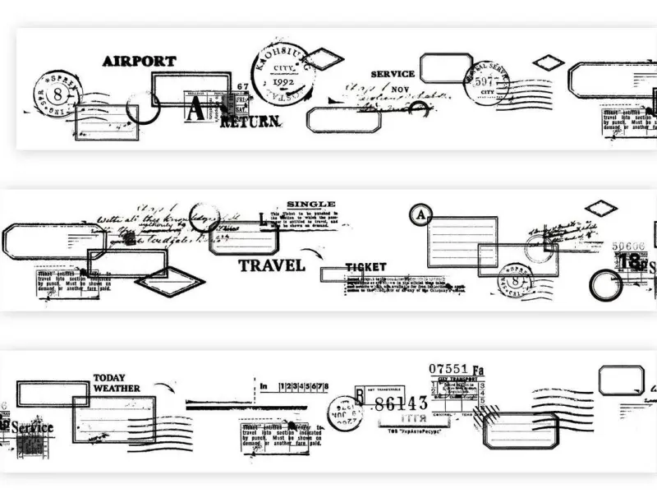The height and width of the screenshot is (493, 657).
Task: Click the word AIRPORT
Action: tap(139, 61)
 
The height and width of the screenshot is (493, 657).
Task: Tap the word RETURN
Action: tap(251, 122)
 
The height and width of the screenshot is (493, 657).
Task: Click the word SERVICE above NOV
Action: tap(392, 74)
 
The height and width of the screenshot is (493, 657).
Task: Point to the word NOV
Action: tap(402, 89)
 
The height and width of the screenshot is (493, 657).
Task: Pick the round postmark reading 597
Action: tap(486, 81)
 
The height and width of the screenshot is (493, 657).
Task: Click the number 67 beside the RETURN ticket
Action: tap(241, 86)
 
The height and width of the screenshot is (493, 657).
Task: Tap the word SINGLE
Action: tap(310, 204)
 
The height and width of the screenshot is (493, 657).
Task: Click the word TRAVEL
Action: tap(272, 265)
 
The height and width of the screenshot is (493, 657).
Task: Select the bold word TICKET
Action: tap(365, 267)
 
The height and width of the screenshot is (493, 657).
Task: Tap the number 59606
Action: tap(629, 245)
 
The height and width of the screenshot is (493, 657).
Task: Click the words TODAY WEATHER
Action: tap(117, 383)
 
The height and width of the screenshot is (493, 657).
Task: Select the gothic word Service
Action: tap(31, 427)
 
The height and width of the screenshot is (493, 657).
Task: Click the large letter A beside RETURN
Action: tap(195, 109)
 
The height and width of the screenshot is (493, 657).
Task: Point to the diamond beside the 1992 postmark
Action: tap(325, 59)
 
